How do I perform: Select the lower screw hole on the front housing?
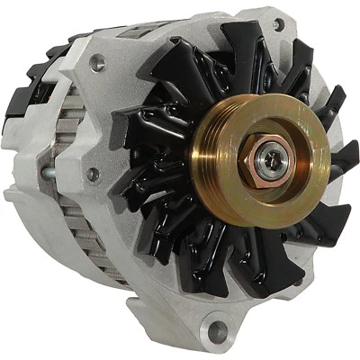click(93, 173)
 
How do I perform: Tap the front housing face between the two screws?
click(103, 117)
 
